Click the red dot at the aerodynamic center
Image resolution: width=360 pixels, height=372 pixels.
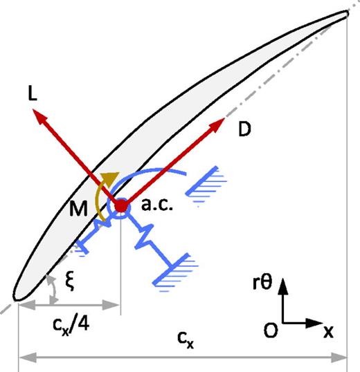[x=121, y=206]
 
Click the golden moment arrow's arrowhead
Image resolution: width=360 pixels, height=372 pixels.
[x=107, y=177]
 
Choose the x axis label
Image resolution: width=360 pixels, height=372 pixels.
[x=327, y=331]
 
